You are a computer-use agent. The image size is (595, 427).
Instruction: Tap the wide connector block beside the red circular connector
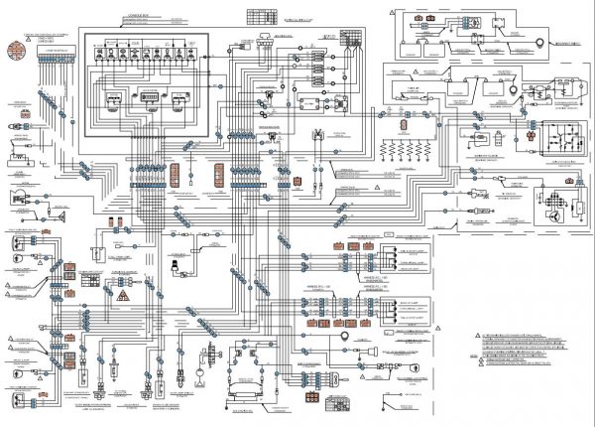(x=57, y=51)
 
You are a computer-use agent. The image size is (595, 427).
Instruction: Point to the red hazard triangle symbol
(x=122, y=297)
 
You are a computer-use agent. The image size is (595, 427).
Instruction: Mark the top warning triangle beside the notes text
(x=475, y=336)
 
